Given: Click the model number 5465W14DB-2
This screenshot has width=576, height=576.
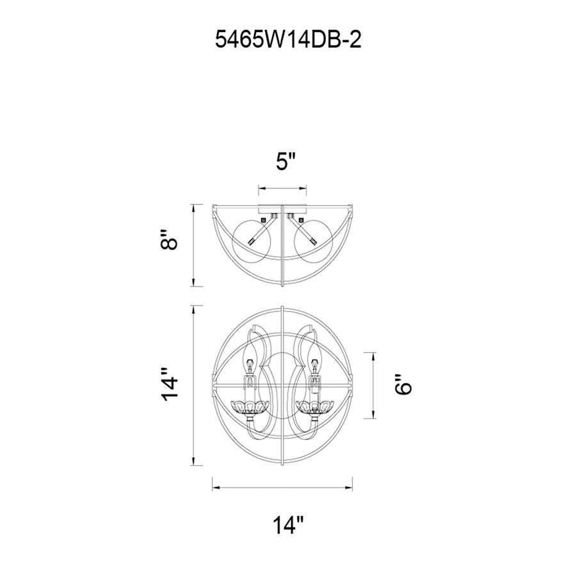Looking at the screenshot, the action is (288, 39).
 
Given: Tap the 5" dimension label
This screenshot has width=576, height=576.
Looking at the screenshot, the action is (285, 162).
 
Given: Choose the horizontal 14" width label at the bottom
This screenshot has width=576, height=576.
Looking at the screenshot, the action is (289, 525).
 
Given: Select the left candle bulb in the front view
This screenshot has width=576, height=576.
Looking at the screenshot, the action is (250, 359).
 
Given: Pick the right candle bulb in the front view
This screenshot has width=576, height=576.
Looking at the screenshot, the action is (314, 359).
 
